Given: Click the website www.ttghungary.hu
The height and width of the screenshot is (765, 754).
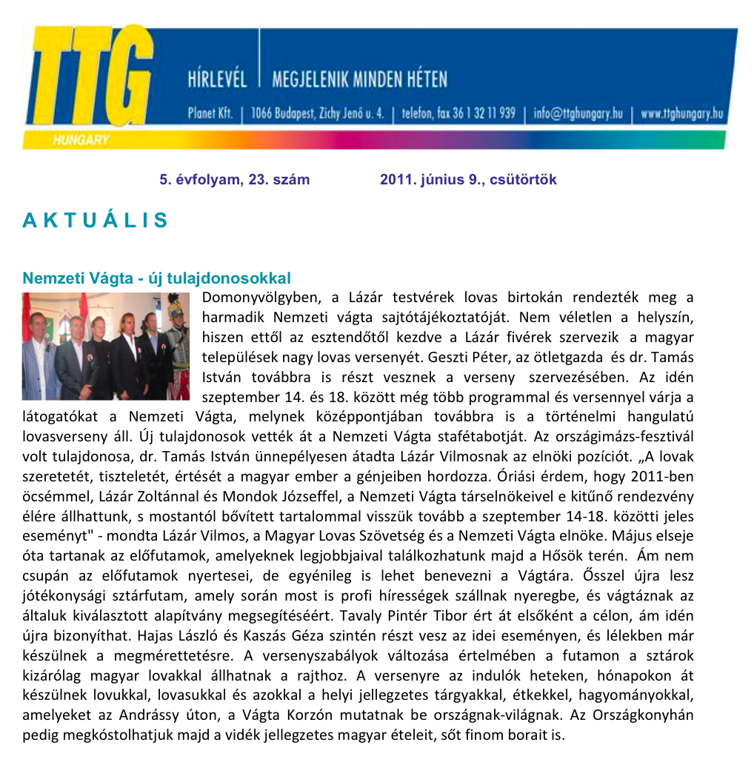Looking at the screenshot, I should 681,114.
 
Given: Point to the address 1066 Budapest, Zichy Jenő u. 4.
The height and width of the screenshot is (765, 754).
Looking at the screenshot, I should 317,114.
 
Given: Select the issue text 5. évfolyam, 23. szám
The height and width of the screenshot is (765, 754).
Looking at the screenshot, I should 234,180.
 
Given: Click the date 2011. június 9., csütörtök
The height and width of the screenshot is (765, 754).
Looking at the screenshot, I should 468,180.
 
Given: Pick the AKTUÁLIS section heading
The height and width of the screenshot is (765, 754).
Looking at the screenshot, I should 96,220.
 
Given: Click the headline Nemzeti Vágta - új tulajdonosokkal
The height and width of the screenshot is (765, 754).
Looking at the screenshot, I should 156,278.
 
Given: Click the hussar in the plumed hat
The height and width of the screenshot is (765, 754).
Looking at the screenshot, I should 178,341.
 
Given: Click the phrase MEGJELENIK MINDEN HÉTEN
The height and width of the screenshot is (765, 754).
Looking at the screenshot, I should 359,78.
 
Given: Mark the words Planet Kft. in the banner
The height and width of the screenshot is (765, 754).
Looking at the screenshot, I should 210,114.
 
